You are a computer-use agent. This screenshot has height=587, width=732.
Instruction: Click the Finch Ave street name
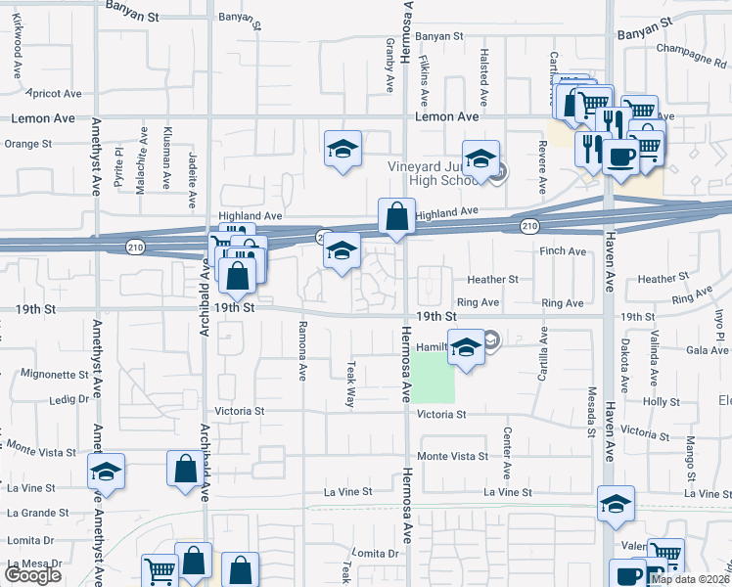(x=563, y=251)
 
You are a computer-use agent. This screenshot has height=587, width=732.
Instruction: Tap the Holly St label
(x=662, y=402)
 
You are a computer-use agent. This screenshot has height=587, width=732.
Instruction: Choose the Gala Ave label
(x=707, y=350)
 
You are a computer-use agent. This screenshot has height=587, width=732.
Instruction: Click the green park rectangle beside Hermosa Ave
(x=433, y=378)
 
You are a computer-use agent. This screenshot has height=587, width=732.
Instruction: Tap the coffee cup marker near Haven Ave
(x=620, y=155)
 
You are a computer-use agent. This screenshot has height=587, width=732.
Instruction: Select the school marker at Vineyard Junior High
(x=480, y=158)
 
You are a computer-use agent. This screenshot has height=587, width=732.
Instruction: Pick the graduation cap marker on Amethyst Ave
(x=106, y=472)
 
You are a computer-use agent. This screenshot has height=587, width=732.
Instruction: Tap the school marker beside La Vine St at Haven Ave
(x=616, y=504)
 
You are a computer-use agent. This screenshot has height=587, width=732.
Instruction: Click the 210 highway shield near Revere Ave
(x=528, y=227)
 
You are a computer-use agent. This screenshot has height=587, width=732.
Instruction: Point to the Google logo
(x=32, y=575)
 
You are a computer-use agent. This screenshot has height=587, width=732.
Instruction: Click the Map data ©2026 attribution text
(x=689, y=579)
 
